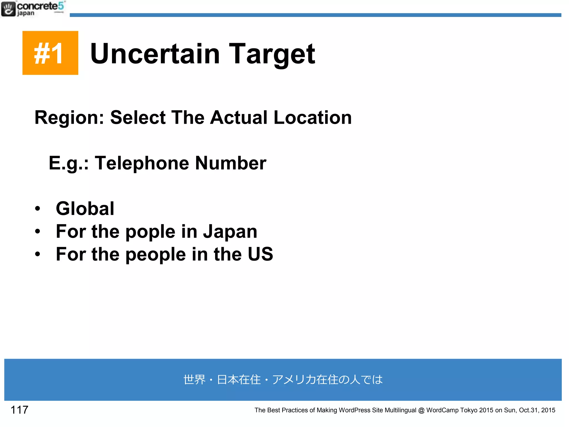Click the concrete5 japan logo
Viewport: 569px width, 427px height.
point(33,9)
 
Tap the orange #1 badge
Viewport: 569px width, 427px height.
point(50,53)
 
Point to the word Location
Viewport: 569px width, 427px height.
point(313,118)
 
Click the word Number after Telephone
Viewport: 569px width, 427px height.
point(231,163)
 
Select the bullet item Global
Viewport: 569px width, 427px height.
point(85,208)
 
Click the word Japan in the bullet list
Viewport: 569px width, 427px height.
point(230,231)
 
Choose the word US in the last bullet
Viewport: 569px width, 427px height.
point(260,254)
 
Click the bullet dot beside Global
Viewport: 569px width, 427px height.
point(38,208)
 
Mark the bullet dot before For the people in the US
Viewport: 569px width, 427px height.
point(38,254)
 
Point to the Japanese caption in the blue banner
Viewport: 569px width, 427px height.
point(283,380)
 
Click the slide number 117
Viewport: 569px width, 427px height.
point(19,410)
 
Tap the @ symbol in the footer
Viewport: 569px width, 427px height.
point(421,410)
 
